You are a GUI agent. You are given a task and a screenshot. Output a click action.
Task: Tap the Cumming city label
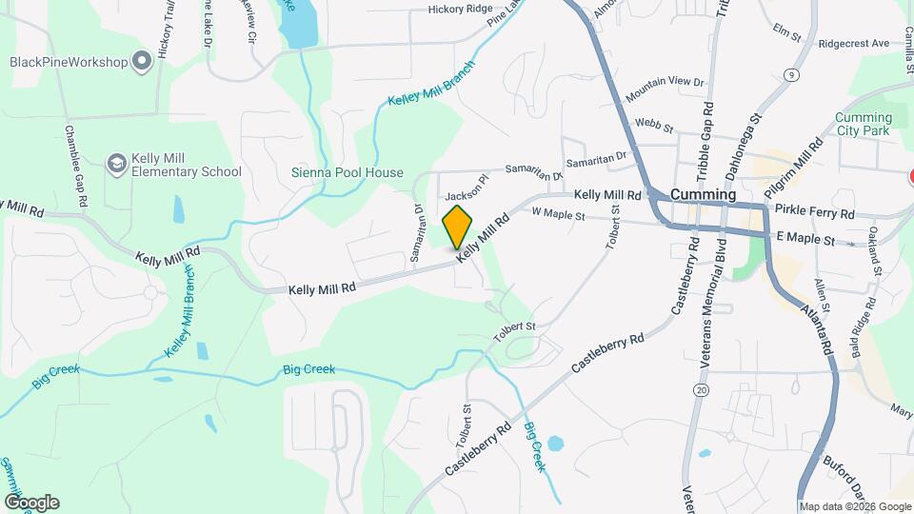[x=704, y=194]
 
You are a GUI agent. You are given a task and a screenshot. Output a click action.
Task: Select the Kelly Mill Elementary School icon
[x=116, y=165]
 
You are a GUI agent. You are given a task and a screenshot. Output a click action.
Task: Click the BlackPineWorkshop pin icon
[x=143, y=63]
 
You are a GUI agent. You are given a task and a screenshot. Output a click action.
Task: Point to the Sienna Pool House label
[x=347, y=173]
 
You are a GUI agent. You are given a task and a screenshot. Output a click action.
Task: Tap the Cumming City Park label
[x=864, y=125]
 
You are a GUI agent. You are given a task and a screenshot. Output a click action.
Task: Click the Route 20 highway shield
[x=702, y=390]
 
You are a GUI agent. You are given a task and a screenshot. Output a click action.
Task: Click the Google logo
[x=31, y=503]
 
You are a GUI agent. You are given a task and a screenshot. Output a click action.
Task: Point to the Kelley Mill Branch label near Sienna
[x=429, y=88]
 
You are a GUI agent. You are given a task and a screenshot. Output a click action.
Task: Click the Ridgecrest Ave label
[x=853, y=44]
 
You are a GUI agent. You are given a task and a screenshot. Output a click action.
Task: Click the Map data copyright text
[x=855, y=506]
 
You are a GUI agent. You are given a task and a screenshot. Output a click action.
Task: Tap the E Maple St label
[x=805, y=236]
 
